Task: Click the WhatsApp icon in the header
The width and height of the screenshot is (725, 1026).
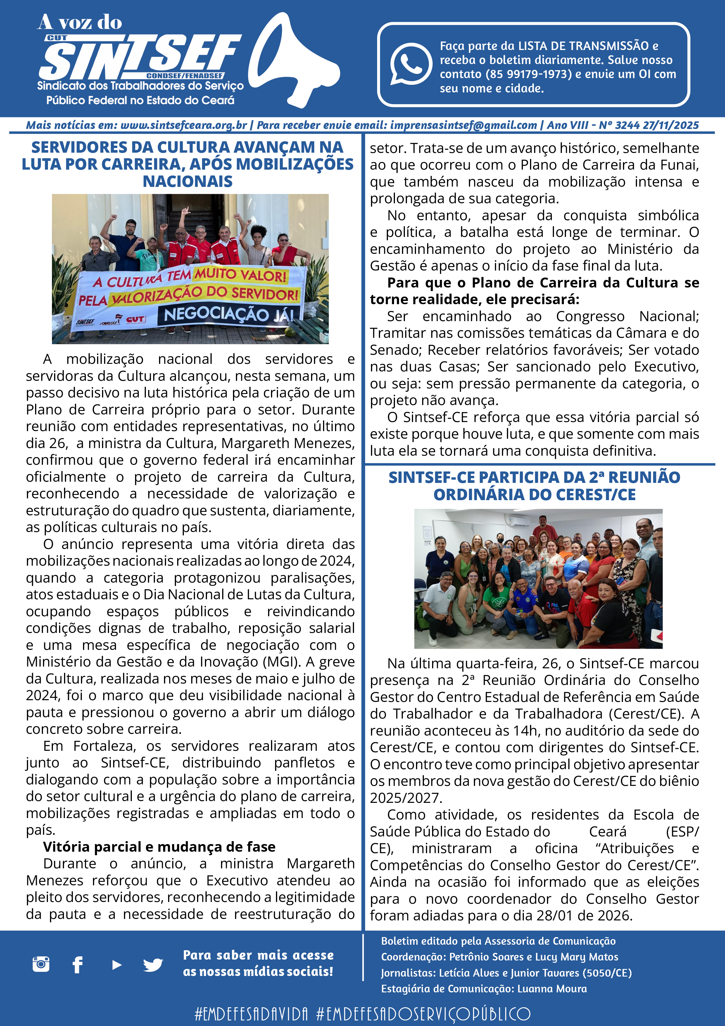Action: click(410, 64)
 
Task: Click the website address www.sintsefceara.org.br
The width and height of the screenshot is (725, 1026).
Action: click(184, 125)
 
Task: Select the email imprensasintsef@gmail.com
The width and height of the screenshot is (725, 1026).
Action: click(463, 125)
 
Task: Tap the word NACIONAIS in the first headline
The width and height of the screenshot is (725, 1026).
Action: click(188, 181)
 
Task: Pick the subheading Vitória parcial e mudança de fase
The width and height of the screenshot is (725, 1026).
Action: click(159, 846)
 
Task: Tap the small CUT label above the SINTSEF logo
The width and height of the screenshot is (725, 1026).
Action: click(57, 38)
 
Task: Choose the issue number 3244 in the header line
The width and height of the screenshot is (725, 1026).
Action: click(627, 125)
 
